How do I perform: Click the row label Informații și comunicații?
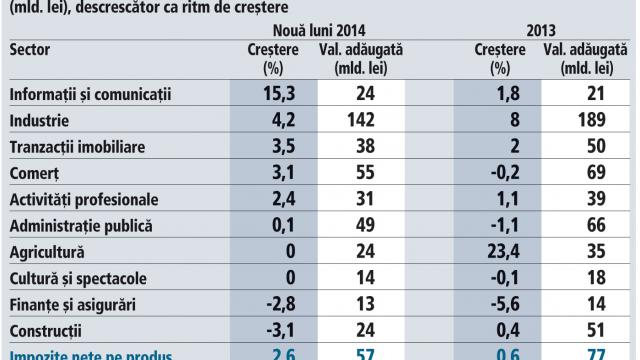click(91, 95)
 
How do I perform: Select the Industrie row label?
click(40, 121)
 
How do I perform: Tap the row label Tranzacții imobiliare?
click(78, 147)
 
